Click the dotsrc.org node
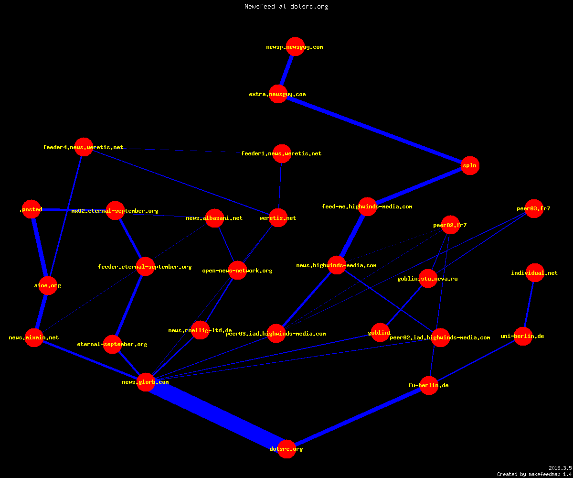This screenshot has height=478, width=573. tap(286, 449)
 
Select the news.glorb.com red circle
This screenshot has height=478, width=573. tap(146, 382)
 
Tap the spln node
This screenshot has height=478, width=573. tap(470, 166)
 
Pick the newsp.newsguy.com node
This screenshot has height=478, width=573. tap(295, 47)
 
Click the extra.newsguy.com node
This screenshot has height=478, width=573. tap(278, 94)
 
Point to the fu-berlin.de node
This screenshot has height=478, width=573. tap(429, 385)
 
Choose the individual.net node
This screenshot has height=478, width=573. tap(535, 273)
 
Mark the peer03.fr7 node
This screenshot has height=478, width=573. tap(534, 208)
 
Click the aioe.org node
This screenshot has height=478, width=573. tap(48, 285)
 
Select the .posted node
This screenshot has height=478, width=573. tap(32, 209)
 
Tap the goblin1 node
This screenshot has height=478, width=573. tap(380, 332)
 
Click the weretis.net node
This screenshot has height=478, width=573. tap(278, 218)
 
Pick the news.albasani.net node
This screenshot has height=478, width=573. tap(214, 218)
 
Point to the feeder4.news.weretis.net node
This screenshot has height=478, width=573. tap(84, 147)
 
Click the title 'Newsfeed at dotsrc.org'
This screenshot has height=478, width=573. tap(286, 6)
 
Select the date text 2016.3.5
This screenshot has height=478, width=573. tap(560, 468)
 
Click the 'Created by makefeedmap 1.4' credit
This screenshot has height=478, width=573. tap(534, 474)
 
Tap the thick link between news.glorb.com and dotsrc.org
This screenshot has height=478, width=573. tap(216, 415)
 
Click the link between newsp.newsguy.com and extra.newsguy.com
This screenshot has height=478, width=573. tap(286, 70)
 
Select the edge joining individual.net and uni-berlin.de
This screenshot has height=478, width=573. tap(529, 304)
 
